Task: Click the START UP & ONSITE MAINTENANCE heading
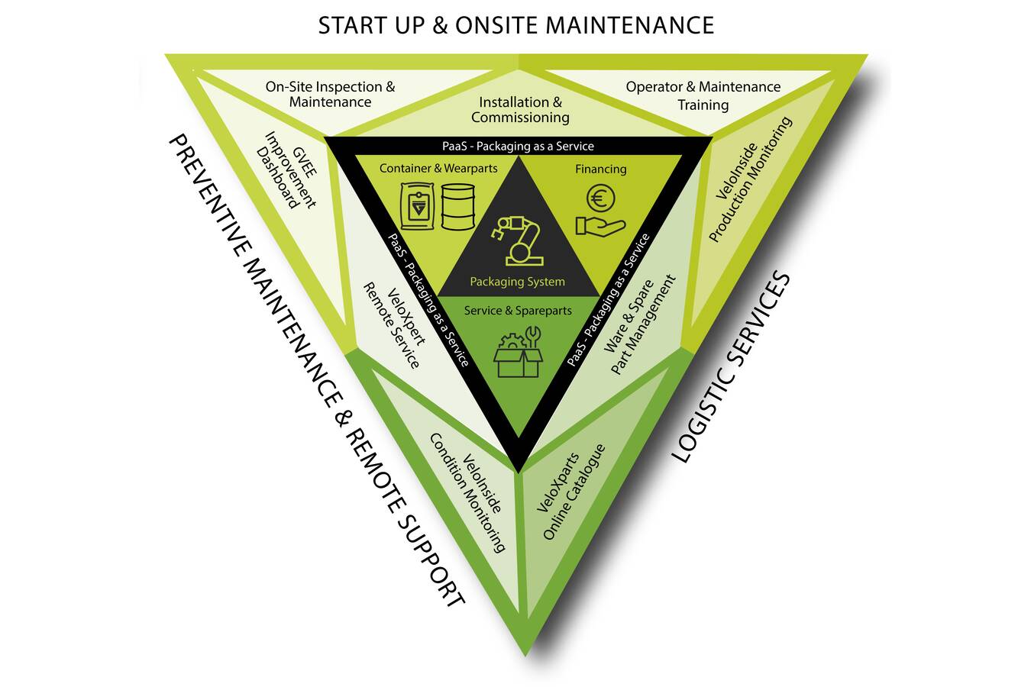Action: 515,25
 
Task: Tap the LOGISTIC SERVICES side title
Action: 732,366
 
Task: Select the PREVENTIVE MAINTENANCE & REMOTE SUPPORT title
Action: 315,371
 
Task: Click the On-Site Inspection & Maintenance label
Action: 331,95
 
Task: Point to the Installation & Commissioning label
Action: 520,110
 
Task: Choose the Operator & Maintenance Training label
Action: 703,95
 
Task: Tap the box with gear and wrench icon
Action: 518,353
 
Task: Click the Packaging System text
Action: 517,282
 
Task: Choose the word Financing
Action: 600,169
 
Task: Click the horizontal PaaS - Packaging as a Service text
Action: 518,146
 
